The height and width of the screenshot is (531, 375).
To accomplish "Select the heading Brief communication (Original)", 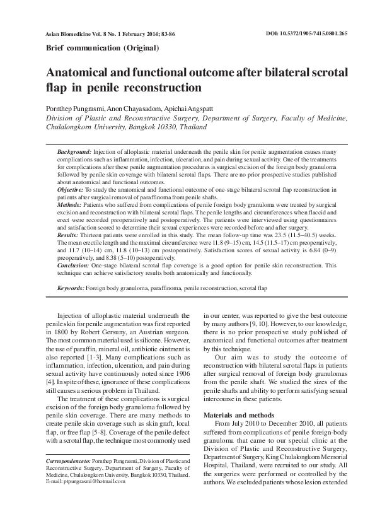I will (x=102, y=48).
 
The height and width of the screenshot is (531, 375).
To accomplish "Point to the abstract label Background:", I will (x=74, y=153).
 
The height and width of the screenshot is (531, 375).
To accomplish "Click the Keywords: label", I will (x=71, y=288).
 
